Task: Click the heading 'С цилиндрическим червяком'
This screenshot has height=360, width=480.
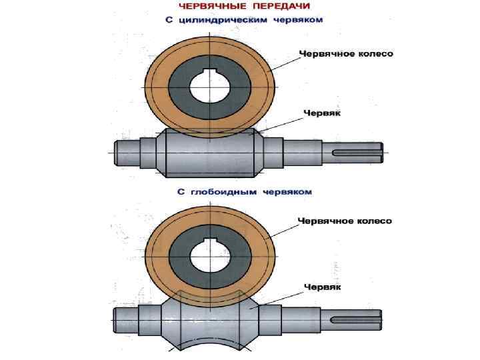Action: [245, 19]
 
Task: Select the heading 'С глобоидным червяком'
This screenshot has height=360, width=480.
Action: [245, 191]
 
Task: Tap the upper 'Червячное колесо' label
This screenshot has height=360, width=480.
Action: [345, 54]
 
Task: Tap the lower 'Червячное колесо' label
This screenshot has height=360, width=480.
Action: [345, 221]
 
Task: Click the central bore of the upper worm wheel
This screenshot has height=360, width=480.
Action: [209, 86]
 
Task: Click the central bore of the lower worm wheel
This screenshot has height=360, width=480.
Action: [209, 257]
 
